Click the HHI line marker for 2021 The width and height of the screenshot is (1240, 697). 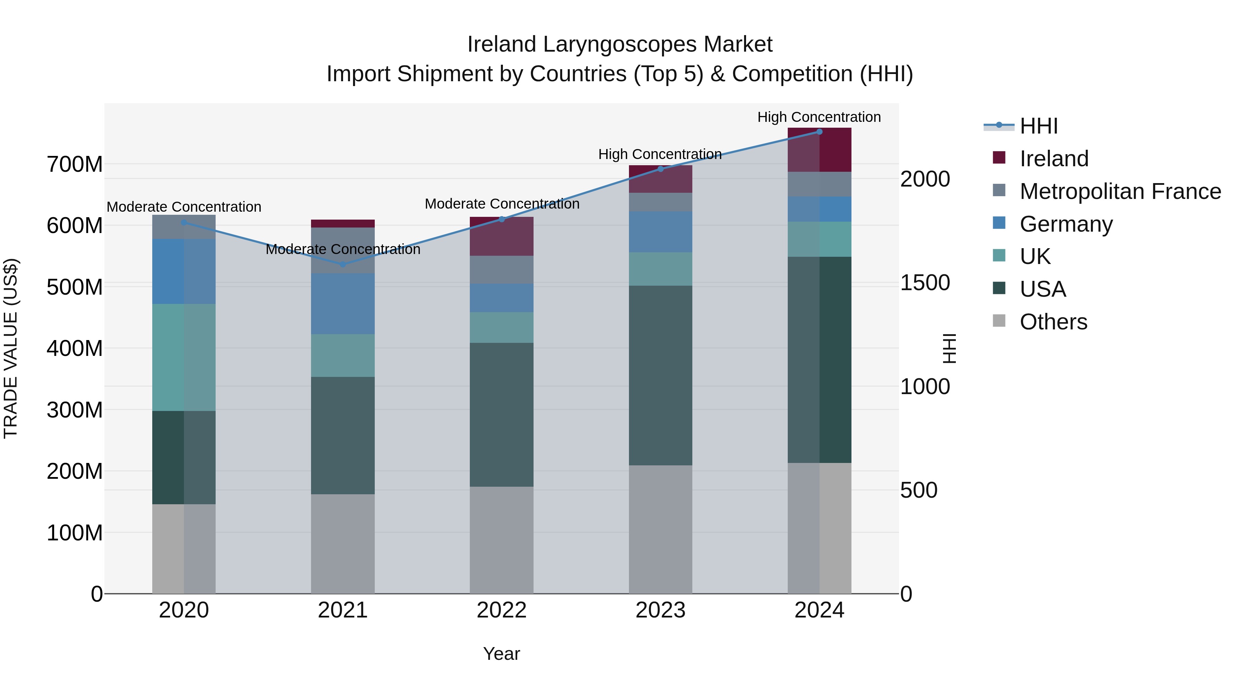343,265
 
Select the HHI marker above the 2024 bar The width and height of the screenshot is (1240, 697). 819,131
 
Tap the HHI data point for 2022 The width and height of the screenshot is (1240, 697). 502,219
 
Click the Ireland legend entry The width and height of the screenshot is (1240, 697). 1054,159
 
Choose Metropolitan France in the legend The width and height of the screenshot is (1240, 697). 1120,191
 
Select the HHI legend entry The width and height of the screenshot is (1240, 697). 1038,126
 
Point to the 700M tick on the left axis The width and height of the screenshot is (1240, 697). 75,165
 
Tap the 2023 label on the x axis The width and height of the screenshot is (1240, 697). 660,610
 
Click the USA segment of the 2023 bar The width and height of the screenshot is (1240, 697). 660,375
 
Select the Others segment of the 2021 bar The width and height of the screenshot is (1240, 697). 343,543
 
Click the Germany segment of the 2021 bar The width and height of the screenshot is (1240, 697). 343,304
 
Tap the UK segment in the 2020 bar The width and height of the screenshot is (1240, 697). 184,357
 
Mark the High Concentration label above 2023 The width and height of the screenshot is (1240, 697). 660,155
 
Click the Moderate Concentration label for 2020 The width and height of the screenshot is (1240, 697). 184,207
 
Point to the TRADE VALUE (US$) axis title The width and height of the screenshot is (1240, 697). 11,348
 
